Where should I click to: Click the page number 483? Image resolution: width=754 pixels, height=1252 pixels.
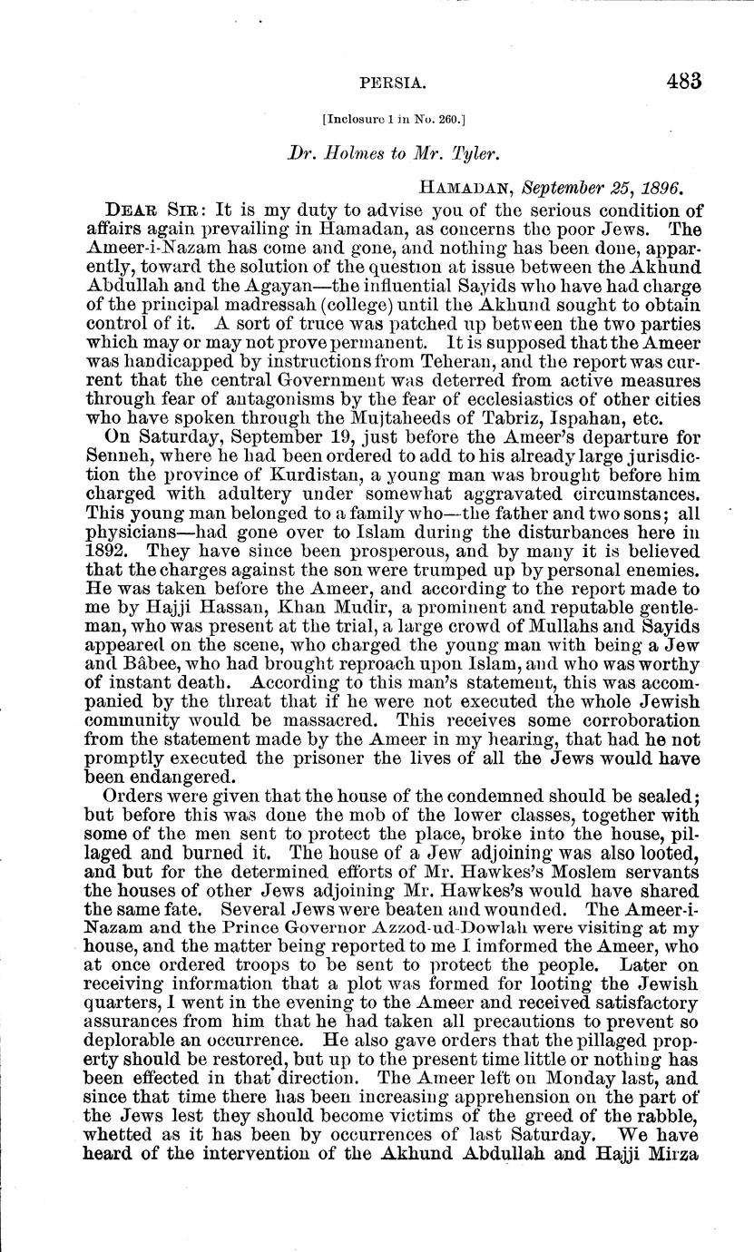click(x=683, y=81)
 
